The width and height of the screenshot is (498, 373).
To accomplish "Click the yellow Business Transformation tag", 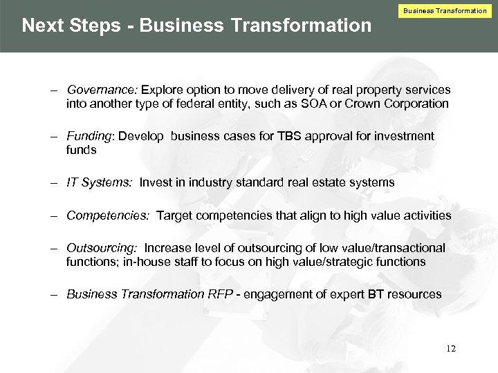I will click(445, 10).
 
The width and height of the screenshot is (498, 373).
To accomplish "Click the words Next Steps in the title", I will click(77, 26).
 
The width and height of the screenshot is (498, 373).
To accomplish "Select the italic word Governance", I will click(102, 90).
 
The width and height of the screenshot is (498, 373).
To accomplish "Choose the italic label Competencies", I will click(107, 216).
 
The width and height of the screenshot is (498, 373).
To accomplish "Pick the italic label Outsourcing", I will click(102, 248).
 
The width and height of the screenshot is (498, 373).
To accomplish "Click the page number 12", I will click(451, 349).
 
